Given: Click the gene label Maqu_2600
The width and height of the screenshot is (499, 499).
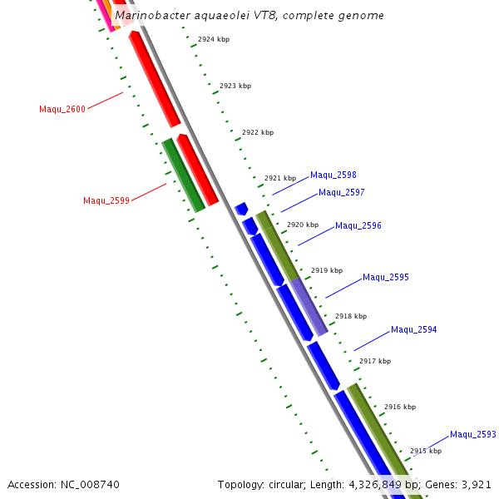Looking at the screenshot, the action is pyautogui.click(x=62, y=109).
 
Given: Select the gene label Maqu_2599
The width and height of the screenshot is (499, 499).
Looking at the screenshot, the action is pyautogui.click(x=106, y=200).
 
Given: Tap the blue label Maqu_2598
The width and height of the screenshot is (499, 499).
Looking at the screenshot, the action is pyautogui.click(x=333, y=175).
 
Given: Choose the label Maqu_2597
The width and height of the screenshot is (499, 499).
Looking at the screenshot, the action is pyautogui.click(x=342, y=193).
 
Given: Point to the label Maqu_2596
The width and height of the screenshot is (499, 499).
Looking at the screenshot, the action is pyautogui.click(x=358, y=226).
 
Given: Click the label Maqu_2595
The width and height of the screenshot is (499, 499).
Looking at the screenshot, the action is pyautogui.click(x=386, y=278).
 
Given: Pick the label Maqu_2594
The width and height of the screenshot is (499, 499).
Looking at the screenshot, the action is pyautogui.click(x=414, y=330).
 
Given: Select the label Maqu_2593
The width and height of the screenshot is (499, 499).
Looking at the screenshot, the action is pyautogui.click(x=473, y=435).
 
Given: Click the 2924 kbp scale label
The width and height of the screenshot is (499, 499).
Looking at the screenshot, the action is pyautogui.click(x=214, y=40).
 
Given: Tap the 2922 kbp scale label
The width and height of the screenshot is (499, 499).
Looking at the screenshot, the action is pyautogui.click(x=258, y=133).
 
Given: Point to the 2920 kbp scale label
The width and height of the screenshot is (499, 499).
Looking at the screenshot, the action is pyautogui.click(x=303, y=225).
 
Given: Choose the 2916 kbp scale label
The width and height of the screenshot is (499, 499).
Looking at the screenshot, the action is pyautogui.click(x=400, y=408).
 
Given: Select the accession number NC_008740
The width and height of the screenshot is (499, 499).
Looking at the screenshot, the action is pyautogui.click(x=90, y=484).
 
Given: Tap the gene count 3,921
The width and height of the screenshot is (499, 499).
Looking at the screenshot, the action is pyautogui.click(x=477, y=484).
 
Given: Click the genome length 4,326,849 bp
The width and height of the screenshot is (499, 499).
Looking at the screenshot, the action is pyautogui.click(x=384, y=484).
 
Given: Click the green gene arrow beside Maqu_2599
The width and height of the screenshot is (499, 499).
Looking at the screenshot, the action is pyautogui.click(x=184, y=175).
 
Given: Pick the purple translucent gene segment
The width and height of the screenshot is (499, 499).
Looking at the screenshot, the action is pyautogui.click(x=308, y=307).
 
